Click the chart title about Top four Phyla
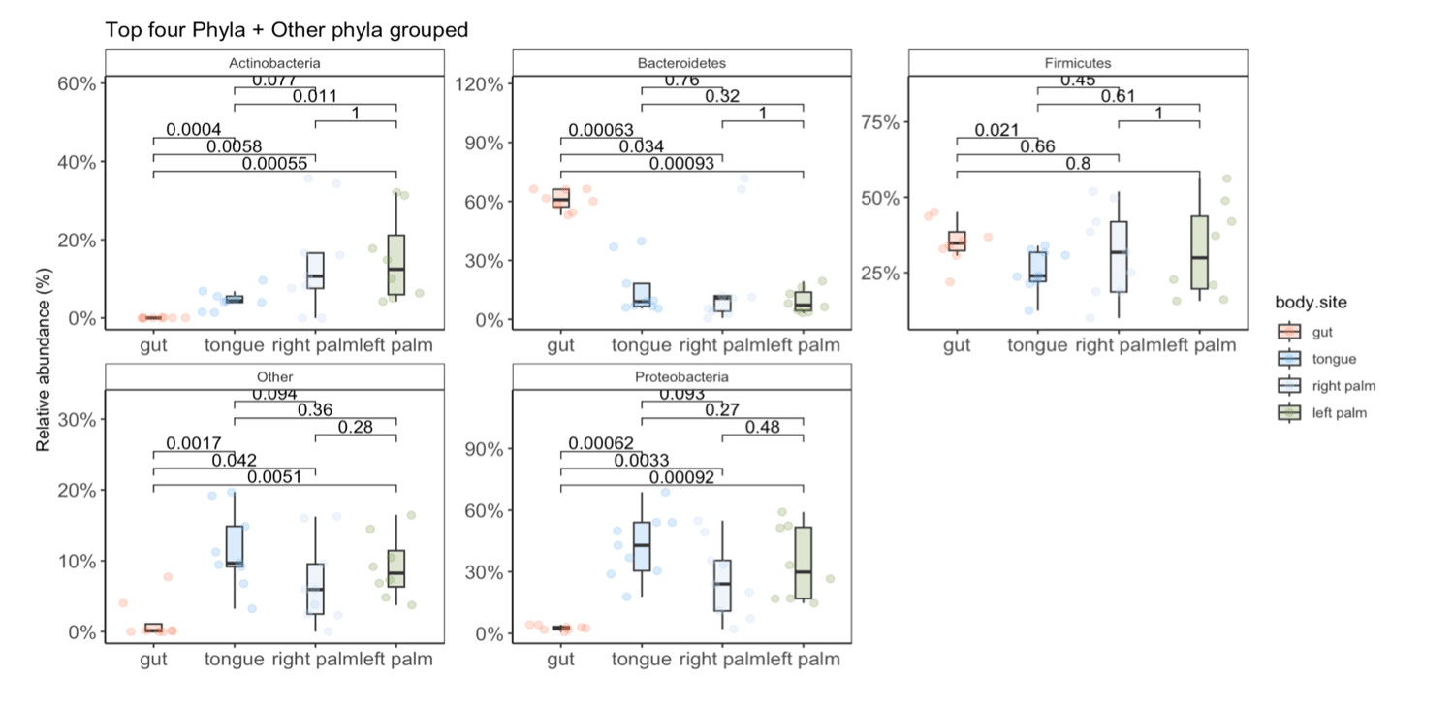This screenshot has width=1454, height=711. pos(287,30)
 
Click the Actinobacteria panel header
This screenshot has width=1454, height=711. pos(274,63)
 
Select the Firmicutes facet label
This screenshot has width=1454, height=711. pos(1077,63)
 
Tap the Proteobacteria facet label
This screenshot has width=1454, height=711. pos(681,377)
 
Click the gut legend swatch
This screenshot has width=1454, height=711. pos(1287,332)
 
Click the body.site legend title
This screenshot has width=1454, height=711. pos(1310,304)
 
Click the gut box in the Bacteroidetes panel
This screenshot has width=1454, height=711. pos(560,198)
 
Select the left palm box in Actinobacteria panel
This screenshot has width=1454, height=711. pos(395,264)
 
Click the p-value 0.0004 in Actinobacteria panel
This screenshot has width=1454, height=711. pos(193,130)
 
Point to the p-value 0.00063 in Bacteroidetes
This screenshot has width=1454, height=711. pos(601,130)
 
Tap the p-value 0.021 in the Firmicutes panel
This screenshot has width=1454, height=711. pos(996,130)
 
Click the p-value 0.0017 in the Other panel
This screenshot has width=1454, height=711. pos(193,443)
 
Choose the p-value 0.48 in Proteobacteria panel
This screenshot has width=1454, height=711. pos(763,427)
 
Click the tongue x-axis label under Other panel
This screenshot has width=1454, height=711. pos(234,660)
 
